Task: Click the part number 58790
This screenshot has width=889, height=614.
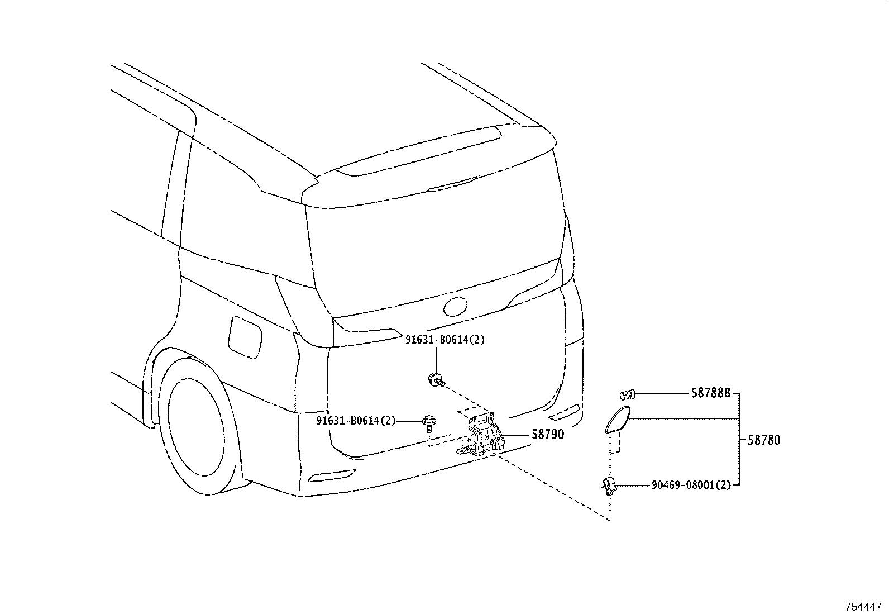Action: pos(548,435)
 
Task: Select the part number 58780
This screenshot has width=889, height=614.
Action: pos(764,440)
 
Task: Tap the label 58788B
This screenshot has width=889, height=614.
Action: pos(711,393)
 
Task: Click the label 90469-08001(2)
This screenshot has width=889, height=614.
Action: pos(691,485)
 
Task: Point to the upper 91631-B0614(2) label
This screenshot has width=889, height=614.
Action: pos(445,340)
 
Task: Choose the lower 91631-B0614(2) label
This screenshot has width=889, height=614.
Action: pos(356,421)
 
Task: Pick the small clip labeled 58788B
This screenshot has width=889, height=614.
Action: pos(627,395)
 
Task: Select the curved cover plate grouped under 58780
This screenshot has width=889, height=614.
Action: pos(617,420)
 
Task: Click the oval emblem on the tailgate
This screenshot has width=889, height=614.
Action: pos(456,307)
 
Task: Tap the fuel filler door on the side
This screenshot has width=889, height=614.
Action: pos(245,337)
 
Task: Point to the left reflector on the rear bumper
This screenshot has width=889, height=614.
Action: pos(332,475)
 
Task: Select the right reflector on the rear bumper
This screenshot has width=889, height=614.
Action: pos(564,412)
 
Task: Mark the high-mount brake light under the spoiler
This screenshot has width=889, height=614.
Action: pos(452,185)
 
